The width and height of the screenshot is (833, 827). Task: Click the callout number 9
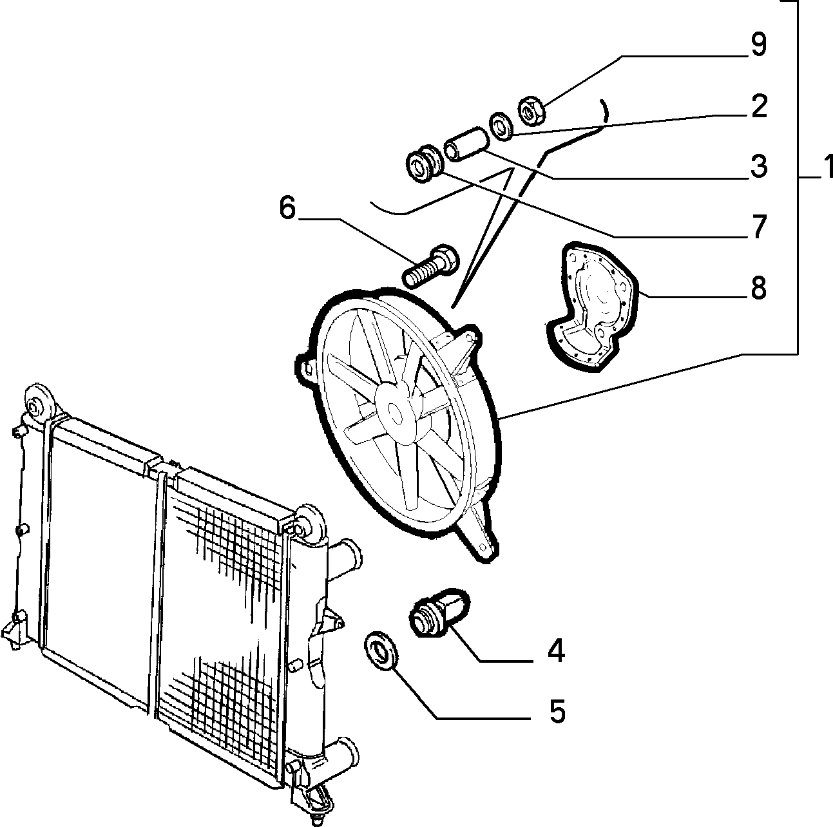(x=758, y=44)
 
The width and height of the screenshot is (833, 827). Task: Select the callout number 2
(x=759, y=106)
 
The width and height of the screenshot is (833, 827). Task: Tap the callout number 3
(x=759, y=166)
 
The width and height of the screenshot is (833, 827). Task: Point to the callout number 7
(x=759, y=226)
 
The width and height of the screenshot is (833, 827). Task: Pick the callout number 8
(x=759, y=287)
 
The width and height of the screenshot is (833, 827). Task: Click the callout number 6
(x=287, y=208)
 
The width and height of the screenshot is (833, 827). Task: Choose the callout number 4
(x=556, y=651)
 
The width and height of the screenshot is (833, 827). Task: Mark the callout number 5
(x=557, y=712)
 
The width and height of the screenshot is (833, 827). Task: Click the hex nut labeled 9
(x=531, y=111)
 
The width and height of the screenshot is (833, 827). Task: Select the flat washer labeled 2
(x=501, y=126)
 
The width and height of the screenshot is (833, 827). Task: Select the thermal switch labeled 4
(x=438, y=613)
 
